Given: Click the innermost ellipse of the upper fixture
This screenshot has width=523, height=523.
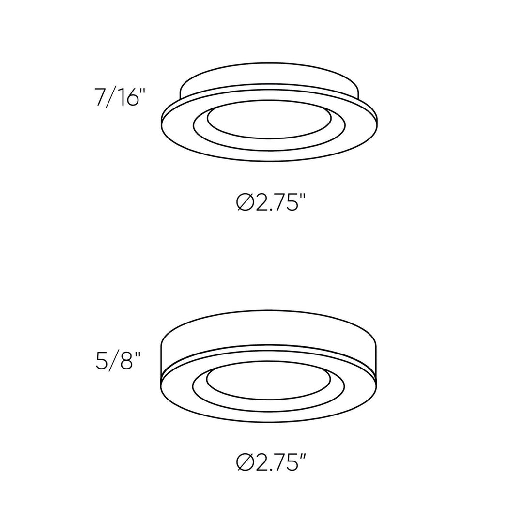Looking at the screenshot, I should [269, 119].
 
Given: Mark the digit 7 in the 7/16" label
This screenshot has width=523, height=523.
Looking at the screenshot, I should [100, 97].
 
